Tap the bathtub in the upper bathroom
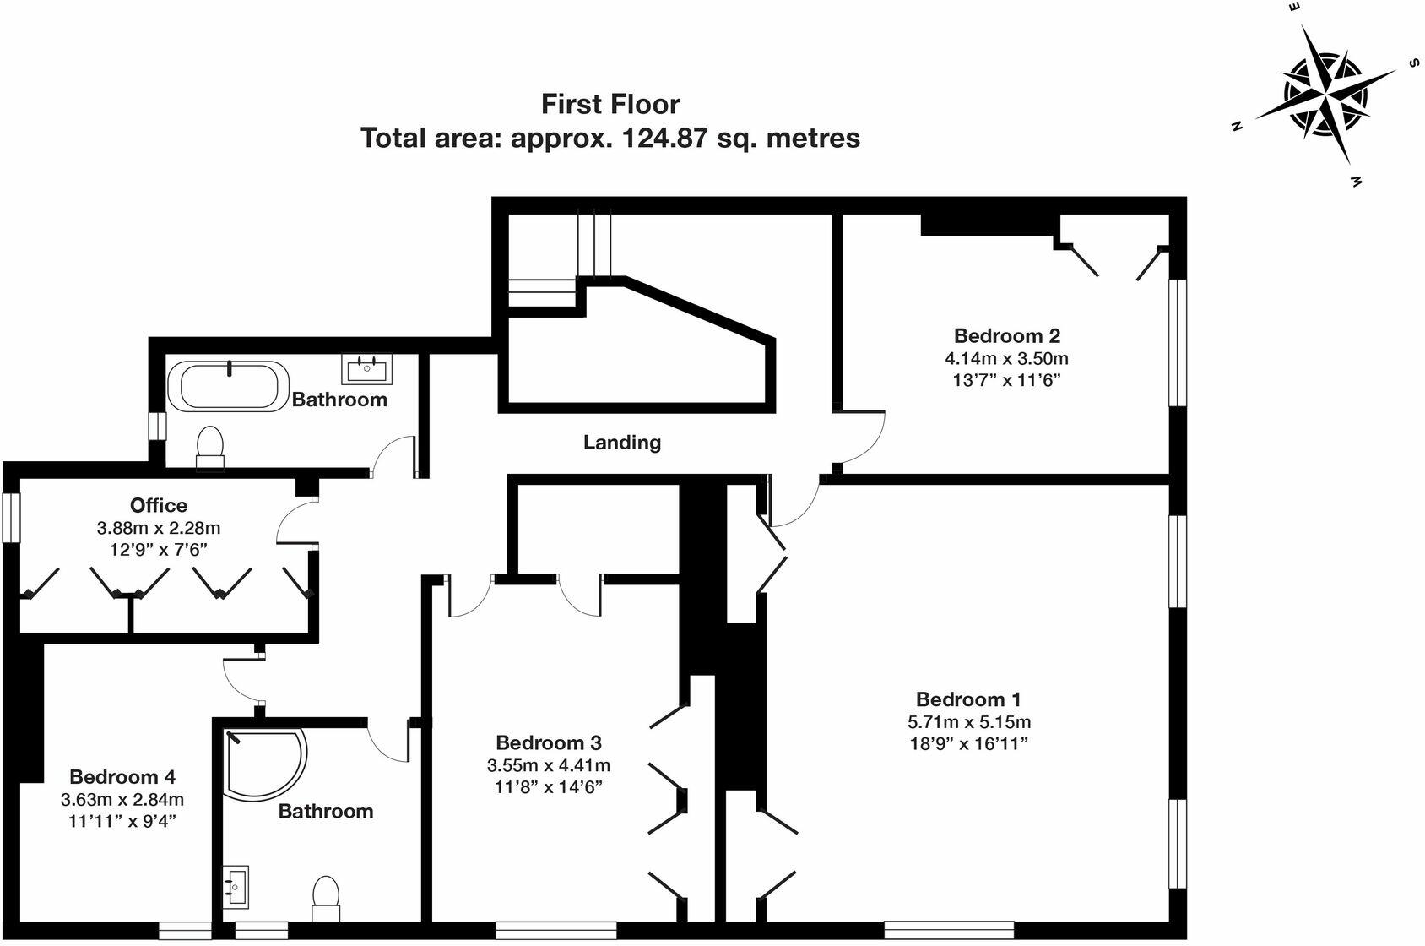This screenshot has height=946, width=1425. pyautogui.click(x=228, y=387)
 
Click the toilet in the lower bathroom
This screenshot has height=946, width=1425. pyautogui.click(x=326, y=899)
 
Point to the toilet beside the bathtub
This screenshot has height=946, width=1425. pyautogui.click(x=209, y=446)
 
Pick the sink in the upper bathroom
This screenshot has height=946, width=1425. pyautogui.click(x=367, y=367)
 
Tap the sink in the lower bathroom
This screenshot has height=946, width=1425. pyautogui.click(x=236, y=888)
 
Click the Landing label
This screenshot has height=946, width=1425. pyautogui.click(x=622, y=442)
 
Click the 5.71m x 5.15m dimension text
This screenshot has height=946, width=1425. pyautogui.click(x=968, y=722)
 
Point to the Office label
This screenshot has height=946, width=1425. pyautogui.click(x=159, y=505)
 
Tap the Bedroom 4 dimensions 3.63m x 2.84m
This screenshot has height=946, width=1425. pyautogui.click(x=122, y=799)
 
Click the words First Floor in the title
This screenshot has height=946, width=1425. pyautogui.click(x=610, y=104)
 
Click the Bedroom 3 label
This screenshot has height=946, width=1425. pyautogui.click(x=549, y=742)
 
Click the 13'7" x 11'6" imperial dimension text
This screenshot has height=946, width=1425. pyautogui.click(x=1006, y=380)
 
